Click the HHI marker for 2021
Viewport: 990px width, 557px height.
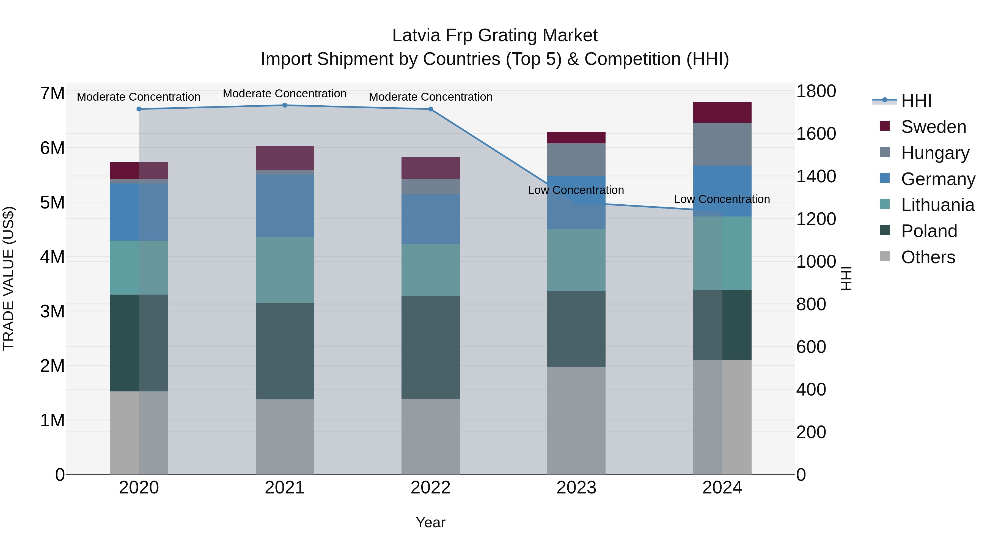click(x=285, y=105)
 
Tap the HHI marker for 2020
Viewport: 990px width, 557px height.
click(x=139, y=109)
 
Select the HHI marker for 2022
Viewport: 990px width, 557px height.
click(x=430, y=109)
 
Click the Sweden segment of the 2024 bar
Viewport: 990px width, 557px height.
click(x=722, y=112)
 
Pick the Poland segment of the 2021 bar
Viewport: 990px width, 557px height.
click(x=285, y=351)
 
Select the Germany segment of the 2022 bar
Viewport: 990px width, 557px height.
click(x=430, y=219)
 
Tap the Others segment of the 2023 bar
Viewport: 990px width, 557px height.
click(x=576, y=421)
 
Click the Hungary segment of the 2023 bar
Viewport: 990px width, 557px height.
click(x=576, y=160)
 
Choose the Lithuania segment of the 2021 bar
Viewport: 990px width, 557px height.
click(x=285, y=270)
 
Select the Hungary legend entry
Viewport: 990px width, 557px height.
click(x=935, y=153)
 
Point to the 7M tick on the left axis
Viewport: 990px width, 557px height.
click(x=52, y=94)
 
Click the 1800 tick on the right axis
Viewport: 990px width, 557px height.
click(x=816, y=92)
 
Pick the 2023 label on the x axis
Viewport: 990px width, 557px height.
click(x=576, y=488)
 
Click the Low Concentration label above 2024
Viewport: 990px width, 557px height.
click(x=722, y=199)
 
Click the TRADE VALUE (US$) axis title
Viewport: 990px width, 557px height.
click(x=9, y=278)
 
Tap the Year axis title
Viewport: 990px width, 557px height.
click(x=430, y=522)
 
